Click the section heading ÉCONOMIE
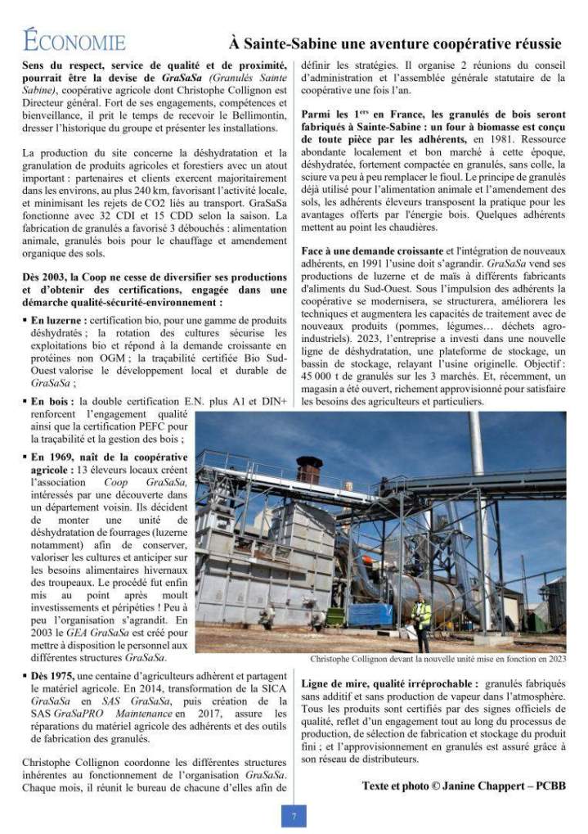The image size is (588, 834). tap(74, 41)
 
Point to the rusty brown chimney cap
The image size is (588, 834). tap(309, 469)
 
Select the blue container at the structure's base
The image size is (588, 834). tap(370, 614)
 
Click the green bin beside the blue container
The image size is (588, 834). tap(335, 616)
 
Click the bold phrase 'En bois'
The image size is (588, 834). tap(52, 402)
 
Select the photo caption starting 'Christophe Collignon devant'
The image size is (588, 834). tap(438, 659)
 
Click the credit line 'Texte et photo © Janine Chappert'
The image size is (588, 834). tap(463, 786)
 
